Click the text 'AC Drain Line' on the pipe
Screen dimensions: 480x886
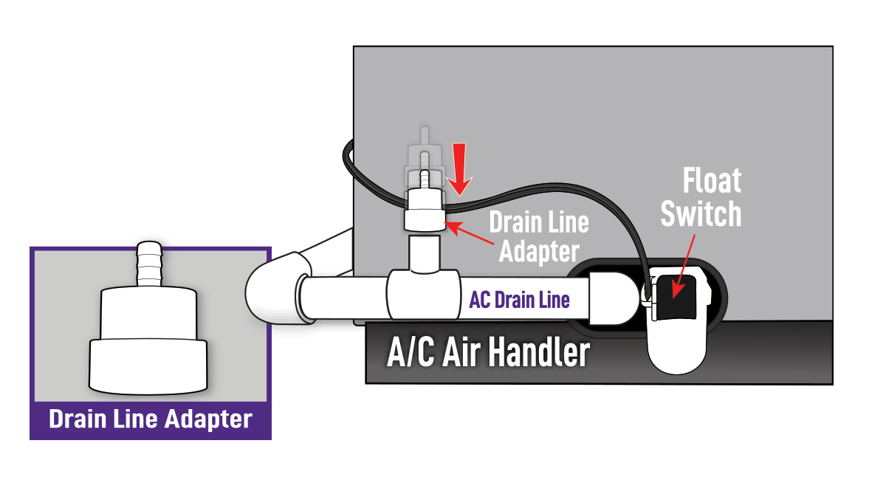pos(519,300)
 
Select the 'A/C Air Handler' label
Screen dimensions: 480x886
pos(488,352)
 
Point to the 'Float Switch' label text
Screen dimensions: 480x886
pos(701,198)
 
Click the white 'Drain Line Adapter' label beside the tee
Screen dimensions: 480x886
pos(539,236)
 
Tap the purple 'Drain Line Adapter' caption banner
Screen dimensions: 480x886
pos(151,419)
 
